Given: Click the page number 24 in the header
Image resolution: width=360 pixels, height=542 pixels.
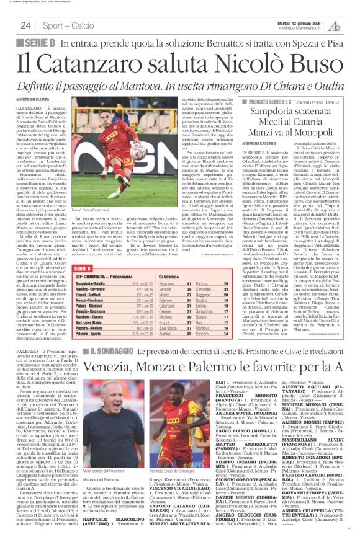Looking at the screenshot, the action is pos(25,25).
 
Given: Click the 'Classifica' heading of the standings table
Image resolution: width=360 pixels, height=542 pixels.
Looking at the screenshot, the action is pos(168,275).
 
